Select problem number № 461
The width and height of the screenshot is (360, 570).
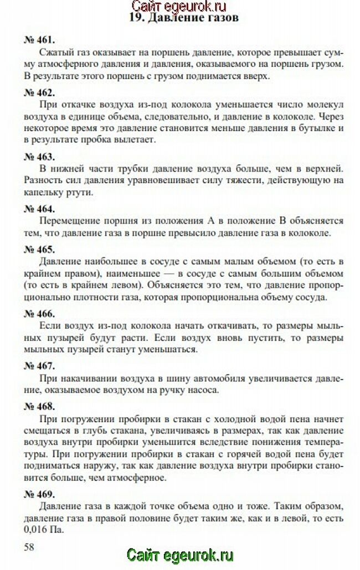pyautogui.click(x=39, y=40)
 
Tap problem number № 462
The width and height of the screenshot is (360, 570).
pyautogui.click(x=39, y=92)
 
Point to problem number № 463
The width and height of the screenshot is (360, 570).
pyautogui.click(x=39, y=156)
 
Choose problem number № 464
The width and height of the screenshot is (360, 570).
pyautogui.click(x=39, y=209)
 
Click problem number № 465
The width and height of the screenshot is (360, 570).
pyautogui.click(x=39, y=249)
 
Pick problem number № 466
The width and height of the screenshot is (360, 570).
pyautogui.click(x=39, y=313)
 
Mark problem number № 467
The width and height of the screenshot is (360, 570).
pyautogui.click(x=39, y=366)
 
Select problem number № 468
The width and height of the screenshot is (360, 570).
pyautogui.click(x=39, y=406)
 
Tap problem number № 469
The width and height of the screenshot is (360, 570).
pyautogui.click(x=39, y=494)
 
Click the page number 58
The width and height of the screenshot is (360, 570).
pyautogui.click(x=29, y=547)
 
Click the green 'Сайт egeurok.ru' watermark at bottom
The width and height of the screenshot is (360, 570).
pyautogui.click(x=180, y=556)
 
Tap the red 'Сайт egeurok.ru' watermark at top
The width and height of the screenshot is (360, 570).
pyautogui.click(x=180, y=6)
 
